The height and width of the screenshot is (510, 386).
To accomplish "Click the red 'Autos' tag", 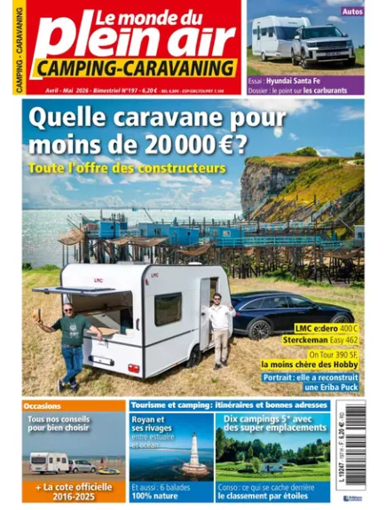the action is click(351, 12).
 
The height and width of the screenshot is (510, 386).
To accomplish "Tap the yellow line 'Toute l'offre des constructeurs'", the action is click(126, 167).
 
